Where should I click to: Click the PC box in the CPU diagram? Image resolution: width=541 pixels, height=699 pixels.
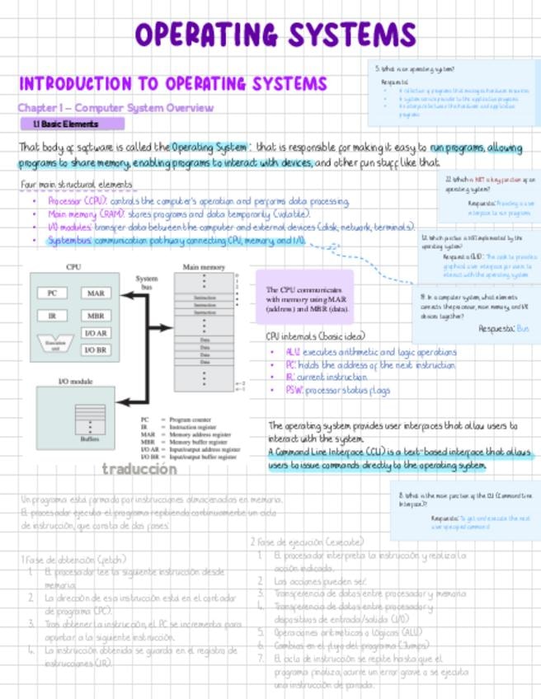(52, 293)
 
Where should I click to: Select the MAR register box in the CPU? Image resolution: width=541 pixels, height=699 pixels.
(96, 293)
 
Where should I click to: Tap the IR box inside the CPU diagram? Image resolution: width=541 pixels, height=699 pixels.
(52, 315)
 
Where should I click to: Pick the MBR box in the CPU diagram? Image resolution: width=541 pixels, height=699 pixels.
(96, 315)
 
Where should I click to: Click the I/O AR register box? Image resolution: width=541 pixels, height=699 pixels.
(96, 333)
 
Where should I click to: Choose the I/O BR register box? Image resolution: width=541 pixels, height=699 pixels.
(96, 349)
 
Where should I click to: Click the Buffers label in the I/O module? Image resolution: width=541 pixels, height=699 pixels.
(89, 439)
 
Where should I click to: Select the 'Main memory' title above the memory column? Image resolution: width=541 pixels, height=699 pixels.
(203, 268)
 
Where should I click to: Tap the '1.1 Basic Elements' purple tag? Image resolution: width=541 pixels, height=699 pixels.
(72, 124)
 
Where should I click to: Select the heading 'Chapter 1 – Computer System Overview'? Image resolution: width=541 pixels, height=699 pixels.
(115, 108)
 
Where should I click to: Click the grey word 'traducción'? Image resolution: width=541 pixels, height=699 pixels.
(139, 469)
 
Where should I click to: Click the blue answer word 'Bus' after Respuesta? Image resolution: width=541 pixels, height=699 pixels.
(522, 328)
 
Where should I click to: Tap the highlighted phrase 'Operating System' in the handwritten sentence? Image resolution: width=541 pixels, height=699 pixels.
(209, 148)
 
